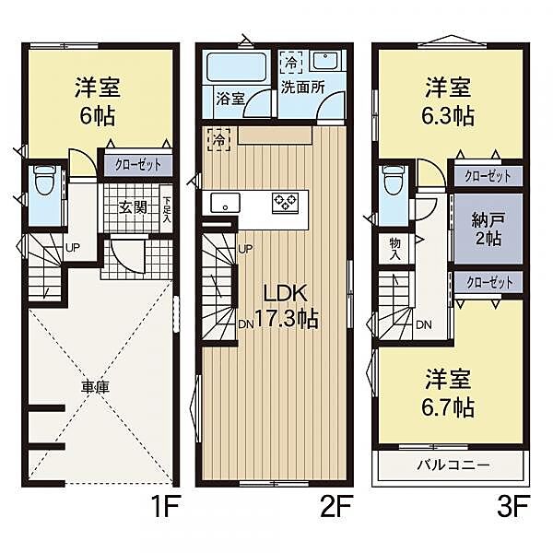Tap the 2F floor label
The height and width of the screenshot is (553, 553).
[335, 506]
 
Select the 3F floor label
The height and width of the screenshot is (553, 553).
[513, 506]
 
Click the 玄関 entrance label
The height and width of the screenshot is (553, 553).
[133, 207]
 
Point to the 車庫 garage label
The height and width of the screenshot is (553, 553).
[95, 388]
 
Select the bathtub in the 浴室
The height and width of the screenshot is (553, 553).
[236, 67]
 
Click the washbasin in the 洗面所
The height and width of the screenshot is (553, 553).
[325, 62]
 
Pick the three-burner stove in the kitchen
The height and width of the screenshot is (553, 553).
[286, 203]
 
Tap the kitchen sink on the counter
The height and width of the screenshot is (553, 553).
[226, 203]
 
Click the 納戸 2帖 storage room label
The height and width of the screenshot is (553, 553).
[488, 229]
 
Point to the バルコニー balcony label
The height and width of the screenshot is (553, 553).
[453, 465]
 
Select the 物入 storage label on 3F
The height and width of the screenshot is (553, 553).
[395, 249]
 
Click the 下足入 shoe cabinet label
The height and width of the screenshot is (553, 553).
[167, 208]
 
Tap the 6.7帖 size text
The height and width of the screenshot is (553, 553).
[448, 408]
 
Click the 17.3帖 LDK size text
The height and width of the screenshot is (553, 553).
[286, 319]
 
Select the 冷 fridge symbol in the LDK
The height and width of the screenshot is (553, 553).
[219, 140]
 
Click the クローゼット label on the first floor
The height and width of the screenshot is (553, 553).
[138, 165]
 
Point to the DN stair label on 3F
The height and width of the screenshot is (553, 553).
[424, 324]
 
